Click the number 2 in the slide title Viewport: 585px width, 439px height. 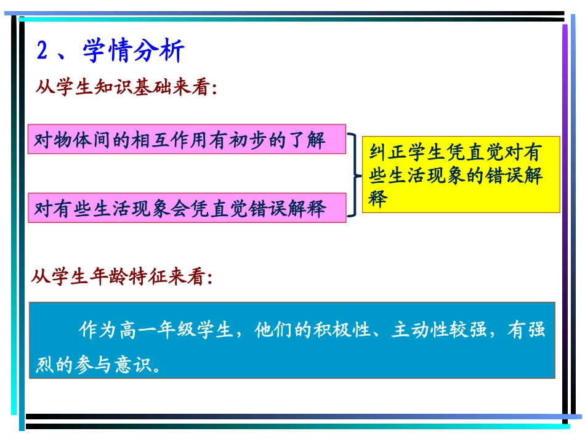pos(42,52)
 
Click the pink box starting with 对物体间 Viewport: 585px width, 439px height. pos(187,140)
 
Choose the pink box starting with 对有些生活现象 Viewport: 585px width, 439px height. pos(187,209)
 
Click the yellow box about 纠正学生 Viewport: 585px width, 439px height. pos(461,175)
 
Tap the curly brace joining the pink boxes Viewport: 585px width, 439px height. pos(355,175)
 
